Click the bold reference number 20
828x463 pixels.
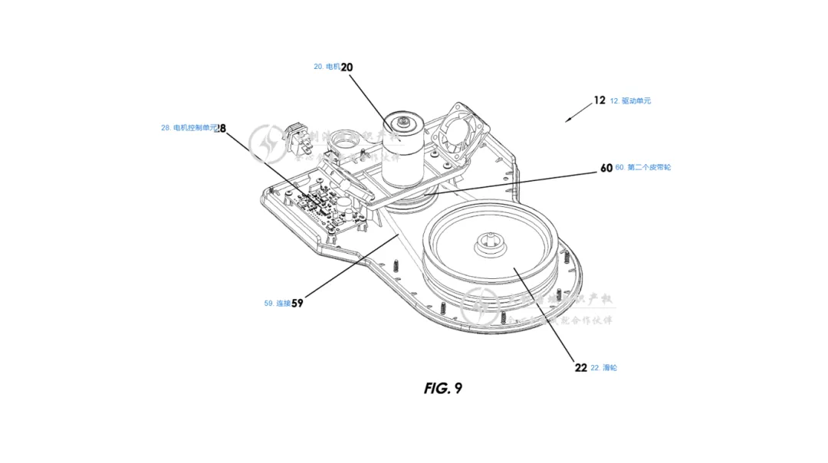(x=347, y=67)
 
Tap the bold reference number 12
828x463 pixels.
(x=599, y=100)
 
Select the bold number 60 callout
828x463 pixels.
(x=606, y=167)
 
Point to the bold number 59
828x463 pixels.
(x=297, y=303)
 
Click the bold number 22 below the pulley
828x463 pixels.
(x=580, y=368)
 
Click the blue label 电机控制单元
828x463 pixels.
(x=188, y=128)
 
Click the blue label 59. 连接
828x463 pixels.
(x=277, y=303)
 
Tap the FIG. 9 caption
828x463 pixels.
(x=442, y=388)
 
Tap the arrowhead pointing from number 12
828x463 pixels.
(x=568, y=120)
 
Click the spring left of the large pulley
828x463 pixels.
(x=396, y=266)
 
